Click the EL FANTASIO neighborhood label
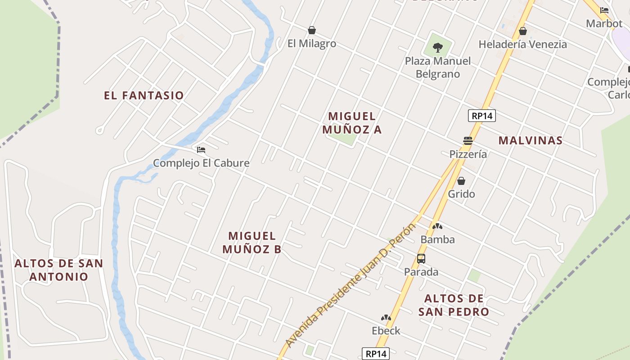click(x=144, y=95)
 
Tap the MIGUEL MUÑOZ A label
click(x=352, y=123)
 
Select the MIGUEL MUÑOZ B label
click(x=252, y=242)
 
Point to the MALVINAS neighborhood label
click(x=531, y=140)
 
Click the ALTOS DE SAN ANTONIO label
click(x=59, y=270)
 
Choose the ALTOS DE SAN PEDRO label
click(x=454, y=305)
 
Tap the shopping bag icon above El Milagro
click(x=311, y=30)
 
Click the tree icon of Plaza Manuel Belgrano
click(x=437, y=47)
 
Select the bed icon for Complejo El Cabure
click(x=201, y=149)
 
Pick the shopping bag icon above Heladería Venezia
click(x=522, y=31)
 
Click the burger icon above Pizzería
click(x=468, y=141)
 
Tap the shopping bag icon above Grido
click(x=461, y=181)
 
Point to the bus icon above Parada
click(x=421, y=258)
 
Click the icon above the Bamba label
click(x=437, y=226)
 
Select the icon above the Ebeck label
click(x=386, y=318)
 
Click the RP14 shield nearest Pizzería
click(x=481, y=116)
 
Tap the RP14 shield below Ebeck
click(x=375, y=354)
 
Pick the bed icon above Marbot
click(x=604, y=10)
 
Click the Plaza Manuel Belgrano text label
click(x=437, y=67)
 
